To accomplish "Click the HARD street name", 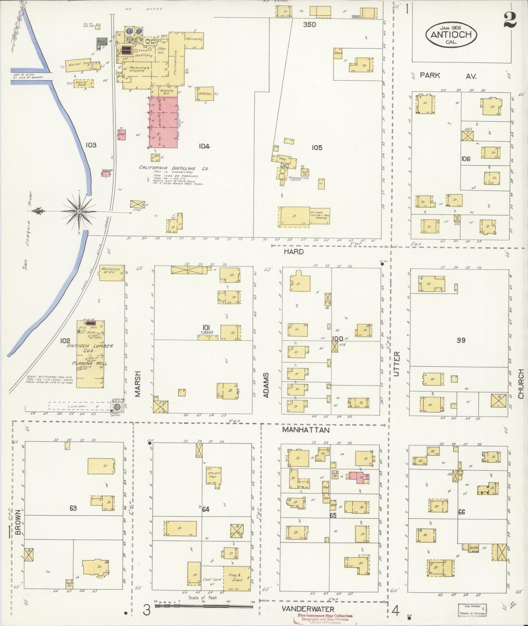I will click(293, 252).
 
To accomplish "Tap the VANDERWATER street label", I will click(308, 609).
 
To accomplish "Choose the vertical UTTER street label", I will click(397, 364).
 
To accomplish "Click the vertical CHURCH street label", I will click(521, 384).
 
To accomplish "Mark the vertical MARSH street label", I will click(137, 384).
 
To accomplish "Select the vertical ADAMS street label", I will click(266, 385).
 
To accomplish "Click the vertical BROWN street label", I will click(18, 522).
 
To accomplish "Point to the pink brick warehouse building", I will click(164, 122).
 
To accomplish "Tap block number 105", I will click(317, 148).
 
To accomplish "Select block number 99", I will click(461, 340).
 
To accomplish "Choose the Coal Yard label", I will click(212, 580).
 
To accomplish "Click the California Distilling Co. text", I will click(174, 168).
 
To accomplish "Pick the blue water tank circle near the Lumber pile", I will click(117, 407).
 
